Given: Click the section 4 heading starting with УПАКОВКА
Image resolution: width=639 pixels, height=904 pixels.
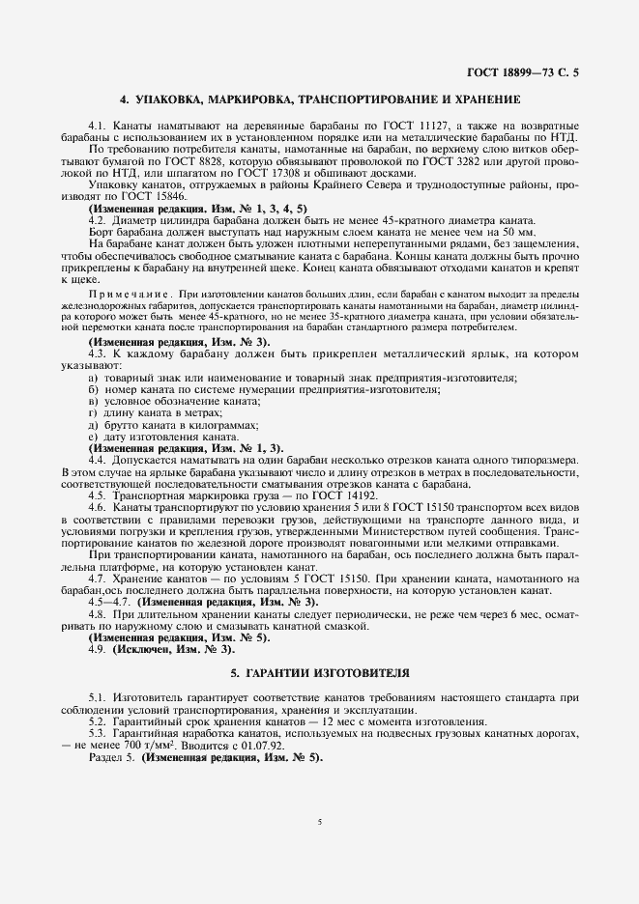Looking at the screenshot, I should click(x=319, y=100).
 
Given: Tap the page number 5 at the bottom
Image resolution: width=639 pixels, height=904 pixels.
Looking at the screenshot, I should click(x=319, y=823).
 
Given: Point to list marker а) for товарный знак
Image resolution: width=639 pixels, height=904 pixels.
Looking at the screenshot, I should click(x=93, y=377).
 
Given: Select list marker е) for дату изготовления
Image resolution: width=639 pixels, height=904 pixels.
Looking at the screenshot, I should click(x=93, y=437).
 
